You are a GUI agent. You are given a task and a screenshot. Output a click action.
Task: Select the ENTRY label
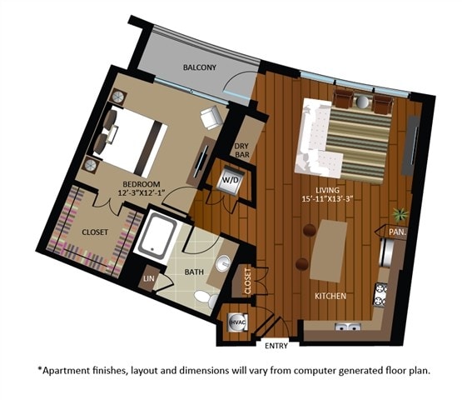tap(276, 344)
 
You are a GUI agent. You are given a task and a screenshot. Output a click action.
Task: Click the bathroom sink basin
tap(222, 265)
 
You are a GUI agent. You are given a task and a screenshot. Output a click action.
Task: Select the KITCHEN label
tap(330, 296)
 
